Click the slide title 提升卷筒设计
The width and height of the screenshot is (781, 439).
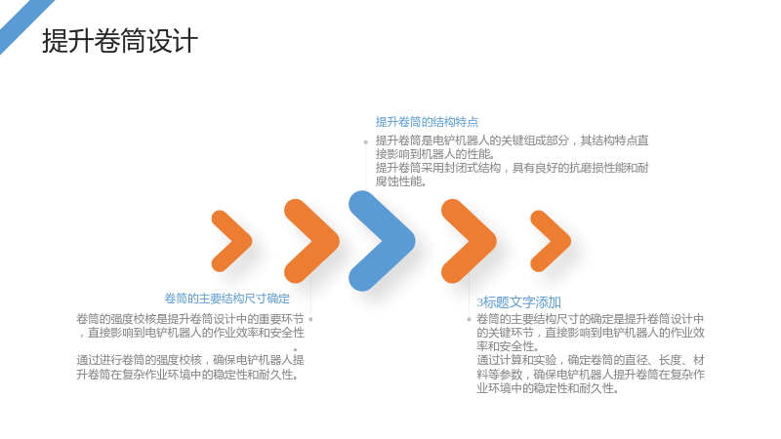(120, 41)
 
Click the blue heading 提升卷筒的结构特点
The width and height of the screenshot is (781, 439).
(427, 122)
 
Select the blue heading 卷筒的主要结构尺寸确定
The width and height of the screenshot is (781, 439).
(227, 299)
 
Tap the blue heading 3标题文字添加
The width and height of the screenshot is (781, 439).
(519, 302)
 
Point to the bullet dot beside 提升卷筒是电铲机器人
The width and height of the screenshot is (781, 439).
(365, 142)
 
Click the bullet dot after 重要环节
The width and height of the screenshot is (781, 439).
(310, 319)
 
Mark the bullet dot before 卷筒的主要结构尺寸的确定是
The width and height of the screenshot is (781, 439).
(469, 319)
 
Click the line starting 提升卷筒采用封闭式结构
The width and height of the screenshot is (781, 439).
(512, 168)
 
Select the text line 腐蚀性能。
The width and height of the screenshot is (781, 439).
(401, 181)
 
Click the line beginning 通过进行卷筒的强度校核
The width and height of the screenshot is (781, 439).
(190, 360)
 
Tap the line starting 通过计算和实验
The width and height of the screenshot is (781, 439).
(591, 360)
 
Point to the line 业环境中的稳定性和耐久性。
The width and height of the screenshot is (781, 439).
(548, 388)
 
